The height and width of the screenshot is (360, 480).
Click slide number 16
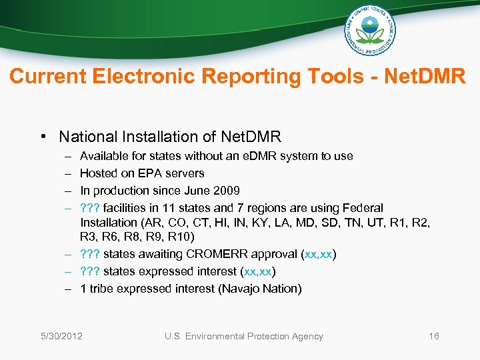pyautogui.click(x=434, y=336)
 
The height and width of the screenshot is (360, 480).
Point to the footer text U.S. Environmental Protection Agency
pyautogui.click(x=243, y=336)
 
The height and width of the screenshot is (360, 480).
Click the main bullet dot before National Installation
pyautogui.click(x=42, y=137)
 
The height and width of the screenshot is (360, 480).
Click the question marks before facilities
pyautogui.click(x=89, y=208)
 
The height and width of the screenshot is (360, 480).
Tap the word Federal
pyautogui.click(x=365, y=208)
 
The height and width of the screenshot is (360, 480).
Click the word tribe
pyautogui.click(x=101, y=289)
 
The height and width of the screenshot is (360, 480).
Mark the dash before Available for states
pyautogui.click(x=68, y=156)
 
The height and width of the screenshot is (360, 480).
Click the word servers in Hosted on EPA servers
pyautogui.click(x=183, y=173)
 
